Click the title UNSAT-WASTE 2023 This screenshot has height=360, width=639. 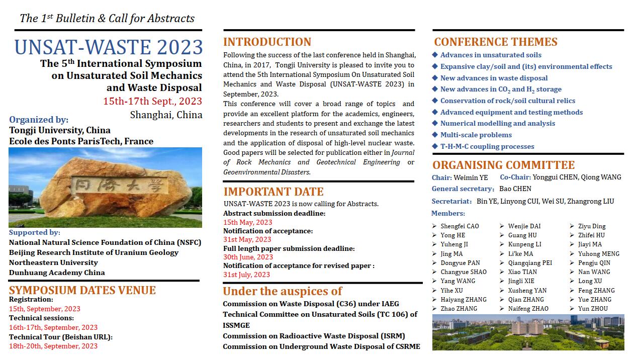coord(109,47)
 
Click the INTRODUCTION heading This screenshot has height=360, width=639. coord(267,42)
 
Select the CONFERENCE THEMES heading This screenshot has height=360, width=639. coord(496,42)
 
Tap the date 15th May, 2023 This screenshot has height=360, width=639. coord(247,222)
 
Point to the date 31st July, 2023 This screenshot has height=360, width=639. coord(246,275)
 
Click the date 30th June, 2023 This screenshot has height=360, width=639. coord(248,257)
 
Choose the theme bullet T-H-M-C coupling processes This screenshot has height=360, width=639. coord(487,146)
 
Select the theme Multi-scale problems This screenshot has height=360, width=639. coord(476,135)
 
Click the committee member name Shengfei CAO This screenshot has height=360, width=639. coord(460,226)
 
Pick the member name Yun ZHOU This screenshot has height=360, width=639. coord(593,309)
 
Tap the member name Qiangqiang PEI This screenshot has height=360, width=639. coord(530,263)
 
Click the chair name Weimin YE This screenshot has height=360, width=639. coord(471,177)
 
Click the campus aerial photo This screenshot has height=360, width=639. coord(528,332)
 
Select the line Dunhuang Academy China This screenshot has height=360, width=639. coord(57,273)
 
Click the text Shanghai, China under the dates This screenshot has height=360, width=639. coord(166,115)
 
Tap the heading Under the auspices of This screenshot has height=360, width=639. coord(282,291)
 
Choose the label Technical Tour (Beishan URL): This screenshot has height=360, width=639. coord(60,337)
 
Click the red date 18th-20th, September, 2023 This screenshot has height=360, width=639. coord(53,346)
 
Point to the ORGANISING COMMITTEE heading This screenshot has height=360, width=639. coord(503,165)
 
